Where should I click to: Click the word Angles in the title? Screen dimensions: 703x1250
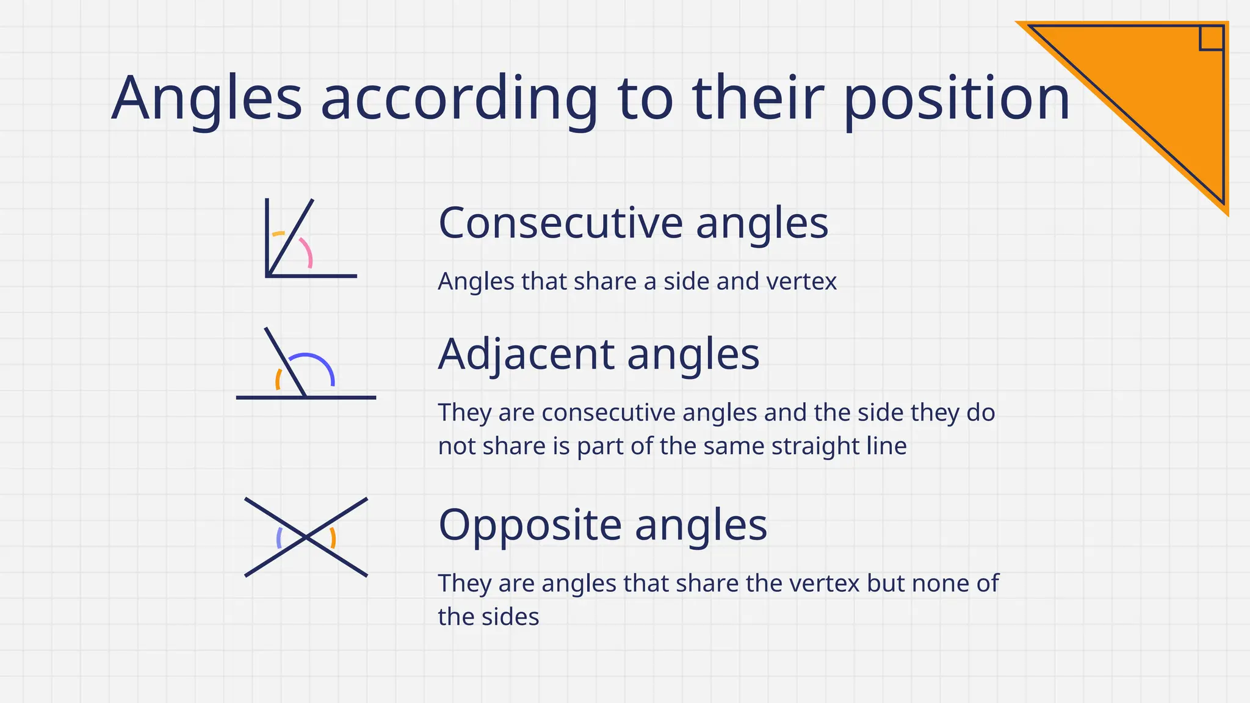206,99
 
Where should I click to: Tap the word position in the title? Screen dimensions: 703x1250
956,99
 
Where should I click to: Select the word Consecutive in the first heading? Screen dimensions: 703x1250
560,223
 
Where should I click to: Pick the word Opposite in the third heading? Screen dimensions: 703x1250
529,525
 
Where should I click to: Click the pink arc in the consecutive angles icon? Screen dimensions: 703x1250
307,251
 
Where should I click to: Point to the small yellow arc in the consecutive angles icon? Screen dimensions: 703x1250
278,234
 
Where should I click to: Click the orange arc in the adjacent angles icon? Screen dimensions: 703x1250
278,380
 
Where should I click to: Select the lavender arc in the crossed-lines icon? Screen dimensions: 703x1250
279,538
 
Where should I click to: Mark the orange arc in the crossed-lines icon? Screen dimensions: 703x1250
333,538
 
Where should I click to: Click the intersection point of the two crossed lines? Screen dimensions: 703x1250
306,537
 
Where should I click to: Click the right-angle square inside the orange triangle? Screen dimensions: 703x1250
1212,38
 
